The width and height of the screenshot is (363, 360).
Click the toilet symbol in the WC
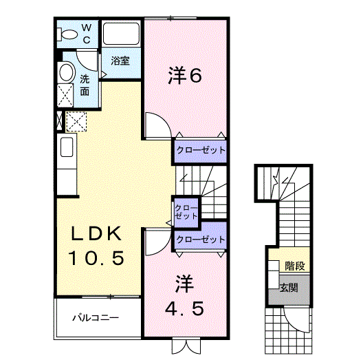69,34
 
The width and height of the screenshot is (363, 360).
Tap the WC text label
87,32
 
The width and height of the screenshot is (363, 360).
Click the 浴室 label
121,61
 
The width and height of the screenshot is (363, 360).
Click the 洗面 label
84,85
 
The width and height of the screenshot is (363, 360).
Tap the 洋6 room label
185,76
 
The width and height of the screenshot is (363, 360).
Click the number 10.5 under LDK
96,260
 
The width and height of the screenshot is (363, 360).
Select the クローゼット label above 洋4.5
200,240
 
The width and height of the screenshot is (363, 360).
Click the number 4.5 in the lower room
184,308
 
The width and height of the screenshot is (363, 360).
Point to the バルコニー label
96,318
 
